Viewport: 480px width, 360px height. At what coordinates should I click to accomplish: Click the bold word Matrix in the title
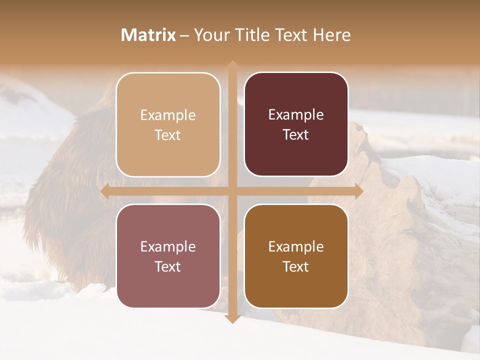click(x=148, y=35)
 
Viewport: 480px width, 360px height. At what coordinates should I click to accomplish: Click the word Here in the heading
click(x=332, y=35)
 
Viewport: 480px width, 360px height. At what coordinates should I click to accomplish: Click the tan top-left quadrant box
click(x=168, y=124)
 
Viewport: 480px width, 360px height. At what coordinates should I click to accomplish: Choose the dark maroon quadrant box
click(x=296, y=124)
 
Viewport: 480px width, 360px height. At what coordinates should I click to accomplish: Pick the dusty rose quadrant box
click(x=168, y=256)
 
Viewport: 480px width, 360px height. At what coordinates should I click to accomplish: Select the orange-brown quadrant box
click(x=296, y=256)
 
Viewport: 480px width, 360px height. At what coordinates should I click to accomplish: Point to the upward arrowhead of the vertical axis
click(x=232, y=65)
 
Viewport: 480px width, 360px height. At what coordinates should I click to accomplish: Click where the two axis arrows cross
click(x=232, y=191)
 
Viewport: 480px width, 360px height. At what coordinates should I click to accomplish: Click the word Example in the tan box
click(x=168, y=115)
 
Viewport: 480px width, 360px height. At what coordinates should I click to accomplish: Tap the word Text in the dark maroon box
click(x=296, y=135)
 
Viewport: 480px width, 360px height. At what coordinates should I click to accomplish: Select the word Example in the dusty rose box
click(x=168, y=247)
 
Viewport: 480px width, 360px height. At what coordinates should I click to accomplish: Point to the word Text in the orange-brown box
click(x=296, y=266)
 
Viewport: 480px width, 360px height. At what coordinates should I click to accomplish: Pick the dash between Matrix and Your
click(x=184, y=35)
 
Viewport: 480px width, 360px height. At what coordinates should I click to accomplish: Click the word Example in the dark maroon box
click(x=296, y=115)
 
